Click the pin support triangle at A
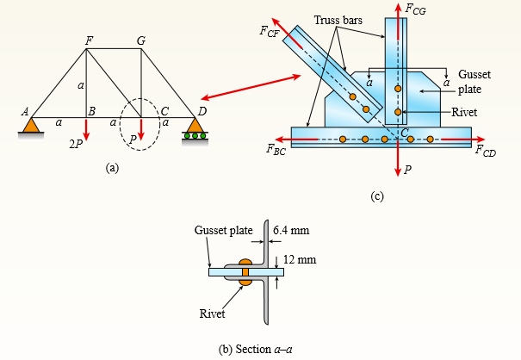point(32,126)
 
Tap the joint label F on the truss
point(89,40)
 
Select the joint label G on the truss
point(142,40)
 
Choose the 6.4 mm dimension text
point(291,232)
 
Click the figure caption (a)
point(112,169)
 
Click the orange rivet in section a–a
point(245,272)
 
